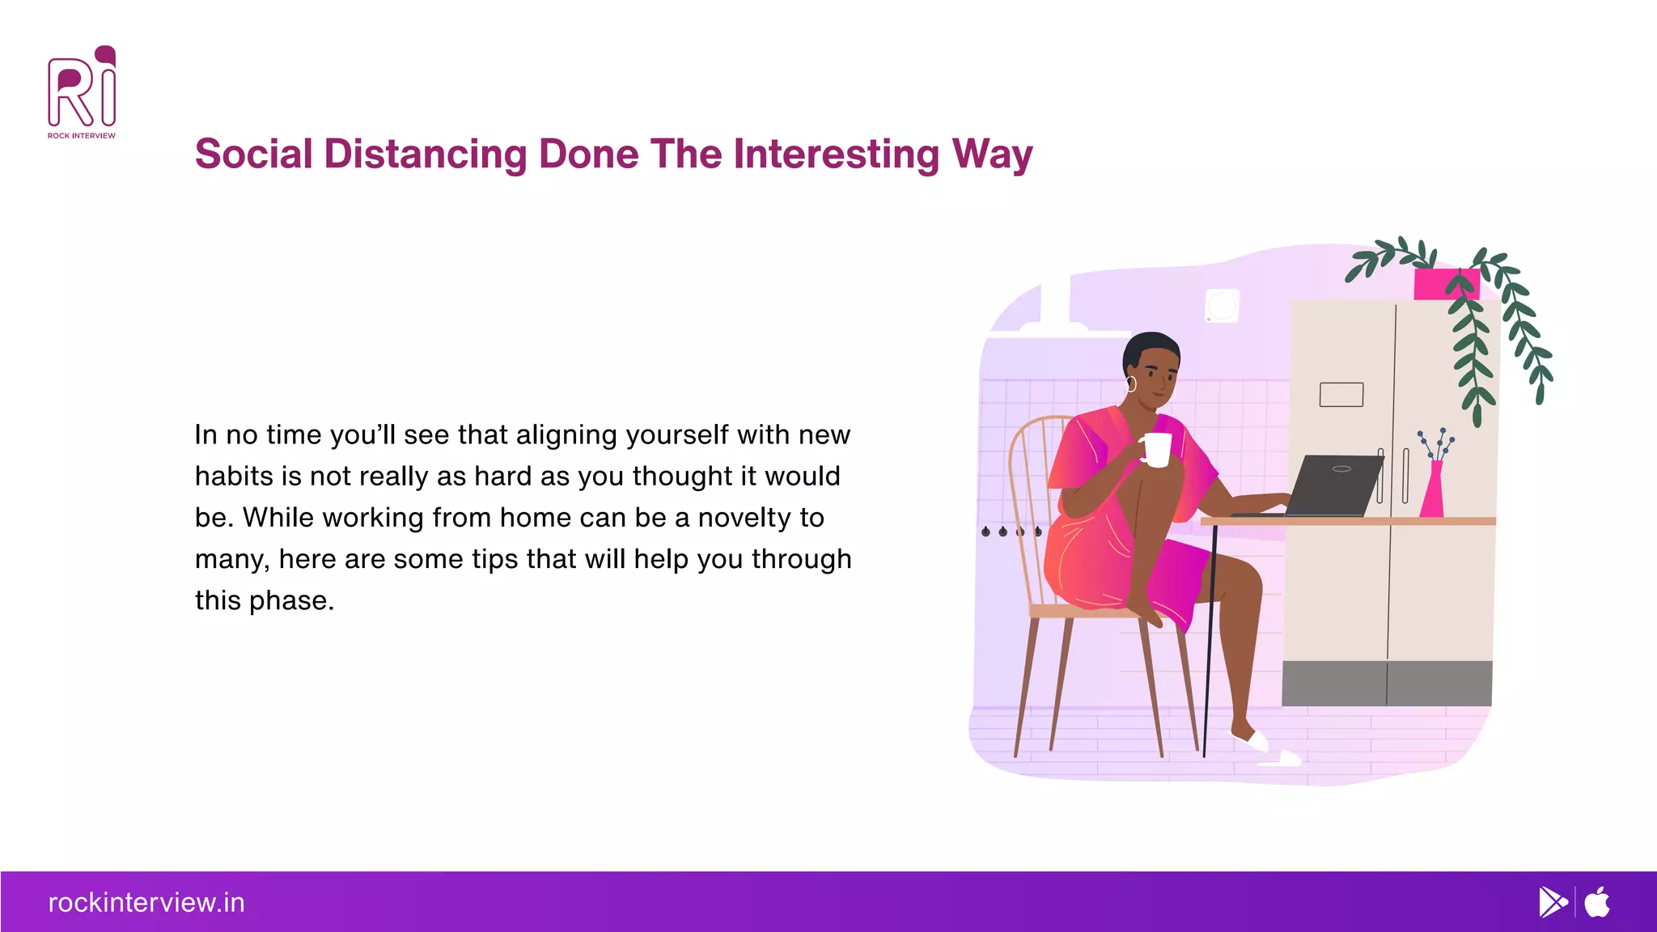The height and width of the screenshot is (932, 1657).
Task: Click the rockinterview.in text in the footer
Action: pyautogui.click(x=146, y=902)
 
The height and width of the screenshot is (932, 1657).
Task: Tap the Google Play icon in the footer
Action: pyautogui.click(x=1553, y=902)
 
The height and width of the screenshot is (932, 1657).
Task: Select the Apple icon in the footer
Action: pyautogui.click(x=1597, y=902)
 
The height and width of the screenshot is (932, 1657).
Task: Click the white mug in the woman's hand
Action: pyautogui.click(x=1157, y=450)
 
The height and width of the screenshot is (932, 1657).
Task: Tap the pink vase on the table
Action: pyautogui.click(x=1433, y=492)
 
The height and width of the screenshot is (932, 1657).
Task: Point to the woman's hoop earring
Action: pyautogui.click(x=1131, y=383)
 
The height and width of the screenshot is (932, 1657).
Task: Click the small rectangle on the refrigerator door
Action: pyautogui.click(x=1341, y=394)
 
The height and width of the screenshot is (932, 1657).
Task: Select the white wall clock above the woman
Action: pyautogui.click(x=1222, y=306)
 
